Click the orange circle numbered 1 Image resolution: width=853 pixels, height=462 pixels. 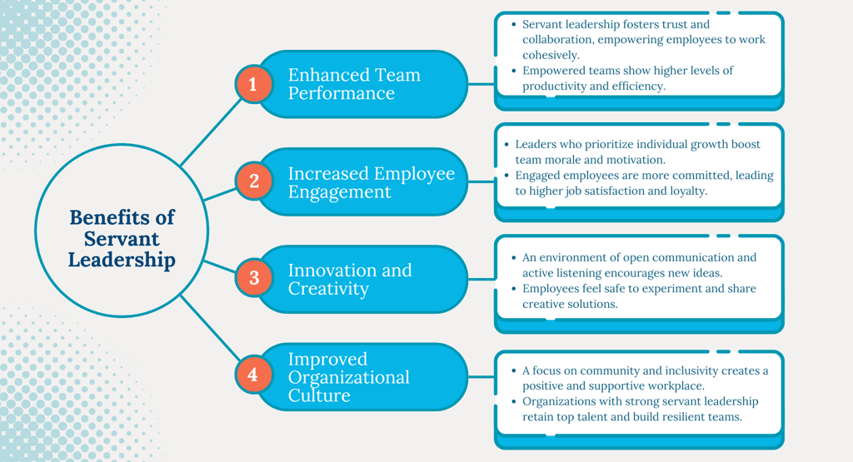tap(253, 84)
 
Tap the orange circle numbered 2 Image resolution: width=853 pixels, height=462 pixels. tap(253, 181)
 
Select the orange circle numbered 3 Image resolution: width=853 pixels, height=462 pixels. tap(253, 277)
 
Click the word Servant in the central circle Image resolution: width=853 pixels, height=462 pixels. tap(122, 238)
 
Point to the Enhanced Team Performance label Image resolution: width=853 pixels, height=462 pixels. tap(354, 84)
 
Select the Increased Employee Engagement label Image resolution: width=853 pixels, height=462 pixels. tap(371, 182)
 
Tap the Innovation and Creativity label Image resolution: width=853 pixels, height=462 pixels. tap(350, 279)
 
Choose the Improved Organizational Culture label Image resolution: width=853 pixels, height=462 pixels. tap(348, 376)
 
